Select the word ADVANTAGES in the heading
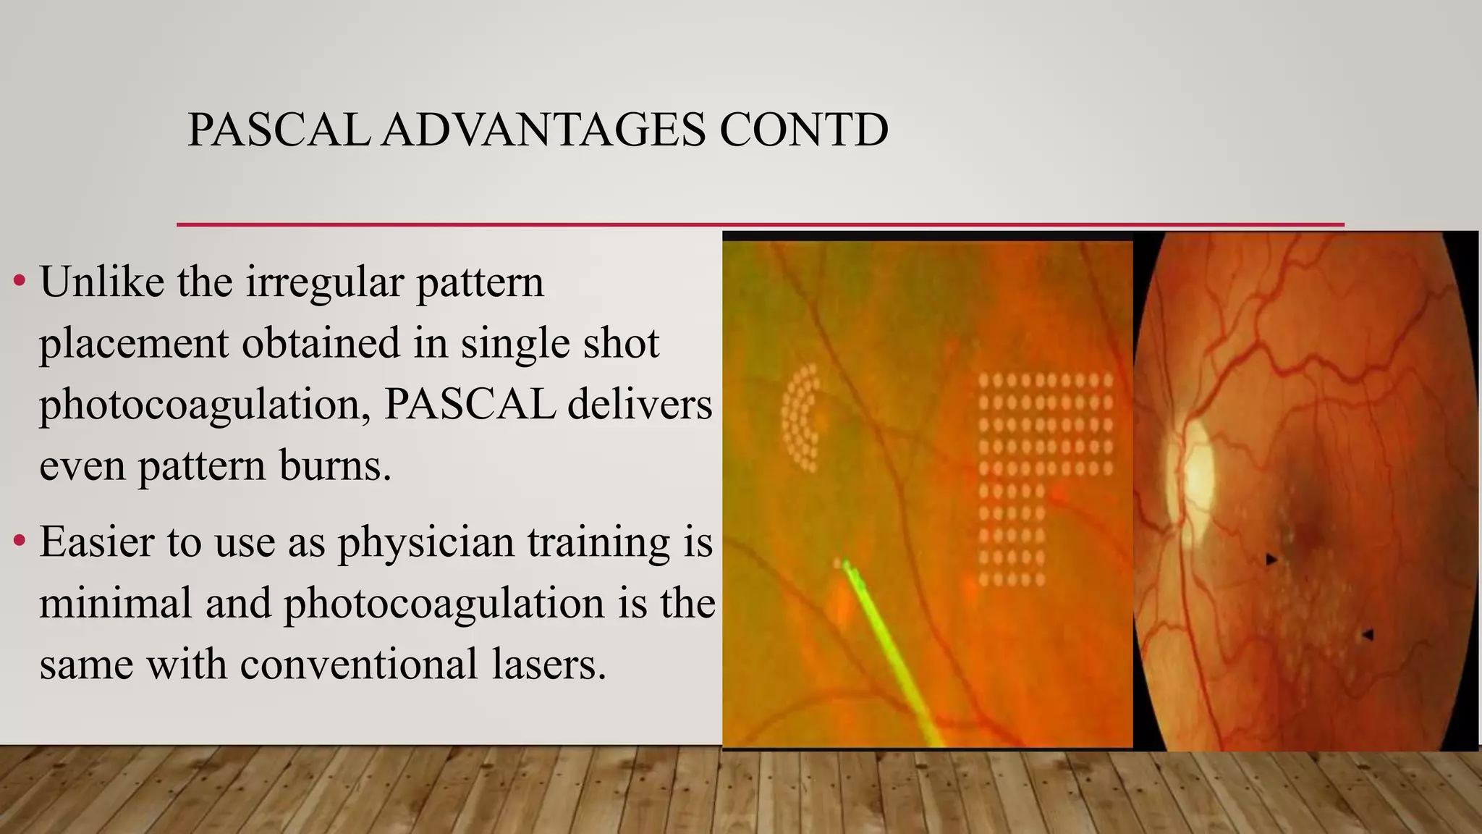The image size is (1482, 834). click(x=543, y=130)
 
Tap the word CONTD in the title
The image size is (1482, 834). click(x=803, y=130)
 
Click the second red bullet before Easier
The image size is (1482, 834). click(x=20, y=540)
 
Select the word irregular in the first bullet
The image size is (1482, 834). click(x=323, y=282)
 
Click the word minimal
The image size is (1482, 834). click(x=115, y=602)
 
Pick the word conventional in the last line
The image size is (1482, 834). click(x=359, y=664)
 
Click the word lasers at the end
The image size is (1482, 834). click(x=549, y=664)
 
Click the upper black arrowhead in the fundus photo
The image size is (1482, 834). click(x=1271, y=560)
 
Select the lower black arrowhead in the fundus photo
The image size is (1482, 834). click(x=1367, y=635)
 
